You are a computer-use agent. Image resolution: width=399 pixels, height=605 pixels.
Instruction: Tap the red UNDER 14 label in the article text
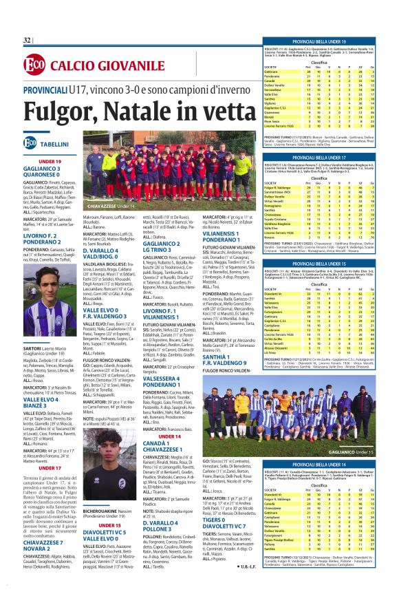[170, 436]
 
